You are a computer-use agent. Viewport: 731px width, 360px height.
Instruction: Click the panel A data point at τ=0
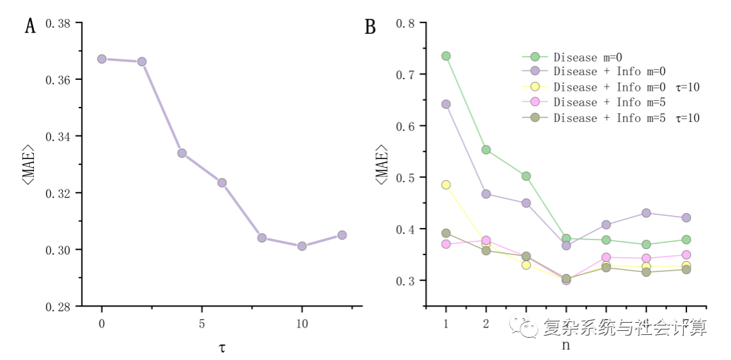click(x=102, y=59)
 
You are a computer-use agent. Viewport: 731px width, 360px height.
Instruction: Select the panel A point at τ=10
click(x=302, y=246)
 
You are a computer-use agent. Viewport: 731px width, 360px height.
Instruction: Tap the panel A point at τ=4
click(x=181, y=153)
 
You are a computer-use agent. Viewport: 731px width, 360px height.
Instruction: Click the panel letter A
click(x=30, y=27)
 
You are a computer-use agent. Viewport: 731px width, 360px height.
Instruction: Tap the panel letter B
click(x=370, y=27)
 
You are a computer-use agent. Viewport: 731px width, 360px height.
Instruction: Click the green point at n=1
click(x=446, y=56)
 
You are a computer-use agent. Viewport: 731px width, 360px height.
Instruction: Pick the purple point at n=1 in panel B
click(x=446, y=104)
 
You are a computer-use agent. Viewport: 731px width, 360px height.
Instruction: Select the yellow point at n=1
click(x=446, y=185)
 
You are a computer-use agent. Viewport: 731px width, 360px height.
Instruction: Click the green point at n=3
click(x=526, y=176)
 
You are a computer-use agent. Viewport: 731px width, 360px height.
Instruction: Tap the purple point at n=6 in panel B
click(x=646, y=213)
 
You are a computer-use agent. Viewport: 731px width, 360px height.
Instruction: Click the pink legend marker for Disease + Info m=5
click(x=535, y=102)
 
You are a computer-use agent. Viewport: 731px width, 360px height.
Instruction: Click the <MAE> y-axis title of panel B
click(x=382, y=164)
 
